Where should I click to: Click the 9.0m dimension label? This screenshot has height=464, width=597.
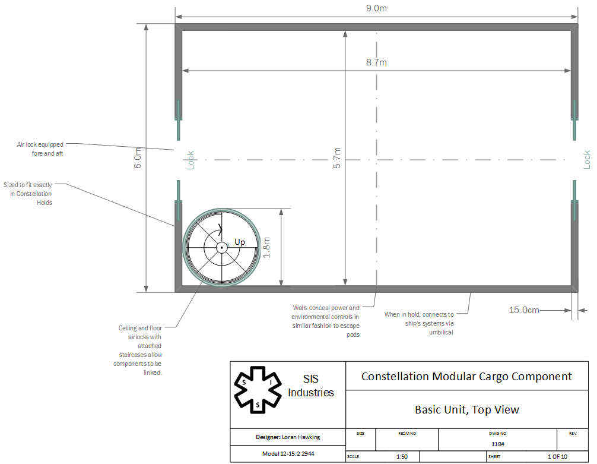click(376, 8)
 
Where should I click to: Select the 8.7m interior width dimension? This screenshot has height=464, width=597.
click(376, 62)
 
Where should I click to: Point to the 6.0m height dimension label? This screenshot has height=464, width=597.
click(138, 158)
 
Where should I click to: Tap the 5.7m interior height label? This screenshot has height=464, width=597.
click(337, 158)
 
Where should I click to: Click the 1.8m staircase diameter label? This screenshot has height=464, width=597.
click(266, 247)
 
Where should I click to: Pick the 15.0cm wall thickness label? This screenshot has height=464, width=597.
click(524, 310)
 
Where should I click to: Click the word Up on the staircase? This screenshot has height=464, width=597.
click(240, 242)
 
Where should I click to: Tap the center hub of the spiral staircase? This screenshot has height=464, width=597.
click(221, 248)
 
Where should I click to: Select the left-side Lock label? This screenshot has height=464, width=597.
click(190, 160)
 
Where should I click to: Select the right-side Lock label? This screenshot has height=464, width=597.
click(587, 160)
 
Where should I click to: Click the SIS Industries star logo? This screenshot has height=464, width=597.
click(258, 390)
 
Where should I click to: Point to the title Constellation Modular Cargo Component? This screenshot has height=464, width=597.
click(466, 376)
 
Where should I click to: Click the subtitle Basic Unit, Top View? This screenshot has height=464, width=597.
click(467, 409)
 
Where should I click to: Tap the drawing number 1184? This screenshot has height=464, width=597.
click(498, 444)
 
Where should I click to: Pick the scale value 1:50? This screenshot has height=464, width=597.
click(402, 456)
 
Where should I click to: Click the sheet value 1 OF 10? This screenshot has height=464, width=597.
click(557, 456)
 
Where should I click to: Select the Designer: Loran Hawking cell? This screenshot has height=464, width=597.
click(288, 437)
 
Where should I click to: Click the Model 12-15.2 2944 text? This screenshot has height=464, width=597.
click(288, 454)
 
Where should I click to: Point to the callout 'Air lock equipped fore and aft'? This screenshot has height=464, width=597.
click(40, 149)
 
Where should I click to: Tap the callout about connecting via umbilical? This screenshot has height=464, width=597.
click(419, 323)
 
